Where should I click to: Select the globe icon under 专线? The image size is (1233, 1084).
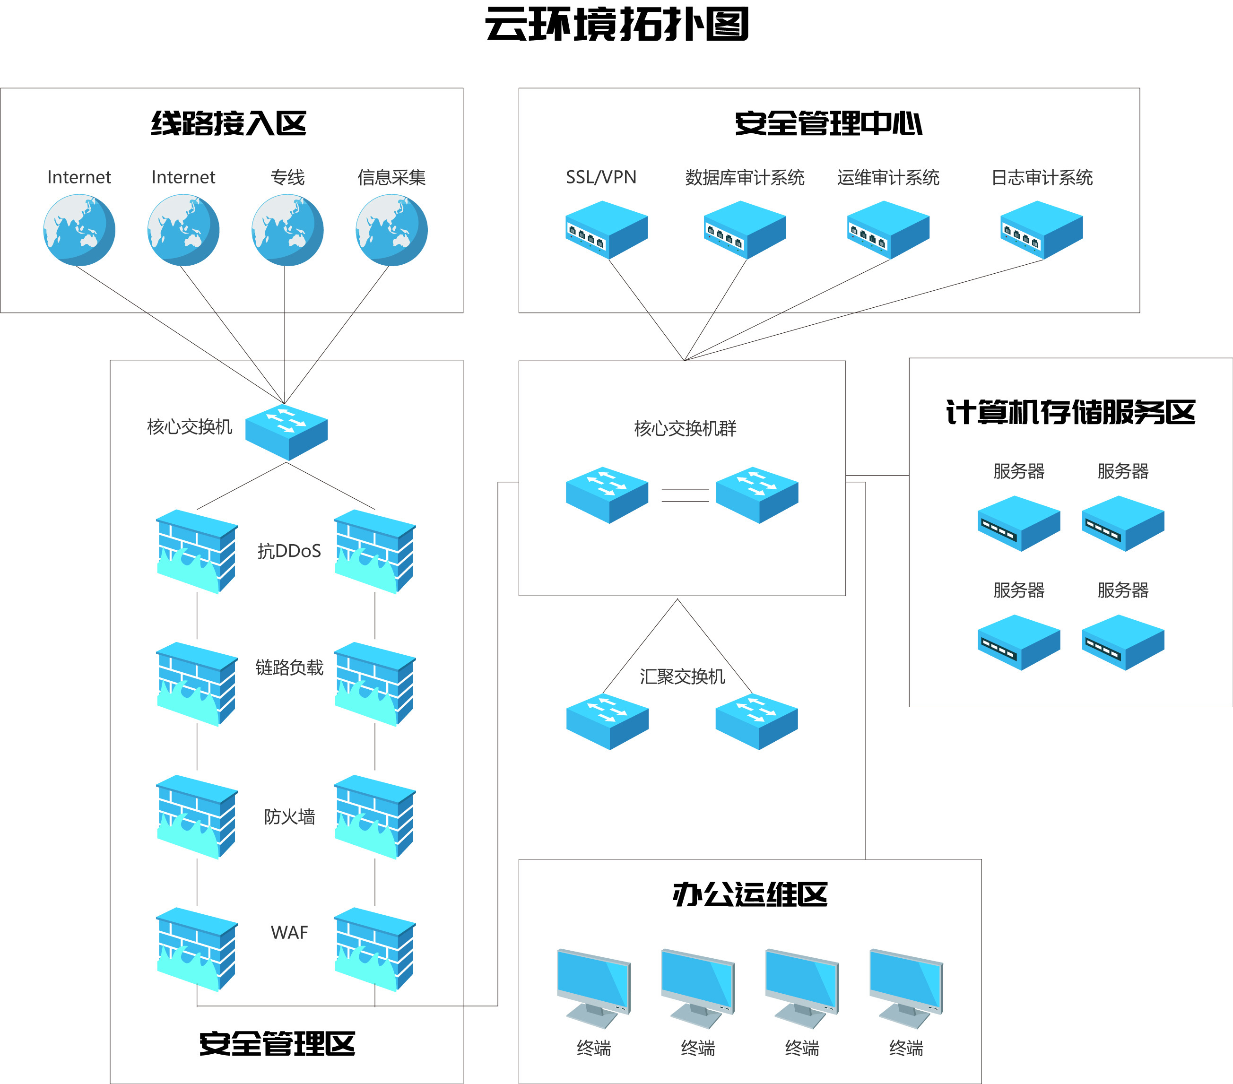coord(287,230)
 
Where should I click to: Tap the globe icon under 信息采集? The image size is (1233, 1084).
coord(391,230)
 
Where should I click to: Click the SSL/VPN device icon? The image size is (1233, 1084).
coord(606,230)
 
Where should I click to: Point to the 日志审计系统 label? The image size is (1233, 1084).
coord(1042,177)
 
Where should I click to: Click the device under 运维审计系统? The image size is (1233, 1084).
coord(888,230)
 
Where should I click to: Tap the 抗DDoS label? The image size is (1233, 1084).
coord(289,551)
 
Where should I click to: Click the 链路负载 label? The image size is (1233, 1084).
coord(289,667)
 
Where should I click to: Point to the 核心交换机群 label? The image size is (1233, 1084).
coord(685,428)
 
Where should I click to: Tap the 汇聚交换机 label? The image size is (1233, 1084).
coord(682,676)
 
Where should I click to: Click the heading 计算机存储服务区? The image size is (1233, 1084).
coord(1070,413)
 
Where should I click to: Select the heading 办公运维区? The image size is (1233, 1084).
coord(750,894)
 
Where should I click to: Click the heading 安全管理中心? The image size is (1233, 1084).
coord(828,124)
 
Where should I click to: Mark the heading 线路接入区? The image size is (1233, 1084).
coord(229,124)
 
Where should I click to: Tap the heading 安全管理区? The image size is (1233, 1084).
coord(277,1044)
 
